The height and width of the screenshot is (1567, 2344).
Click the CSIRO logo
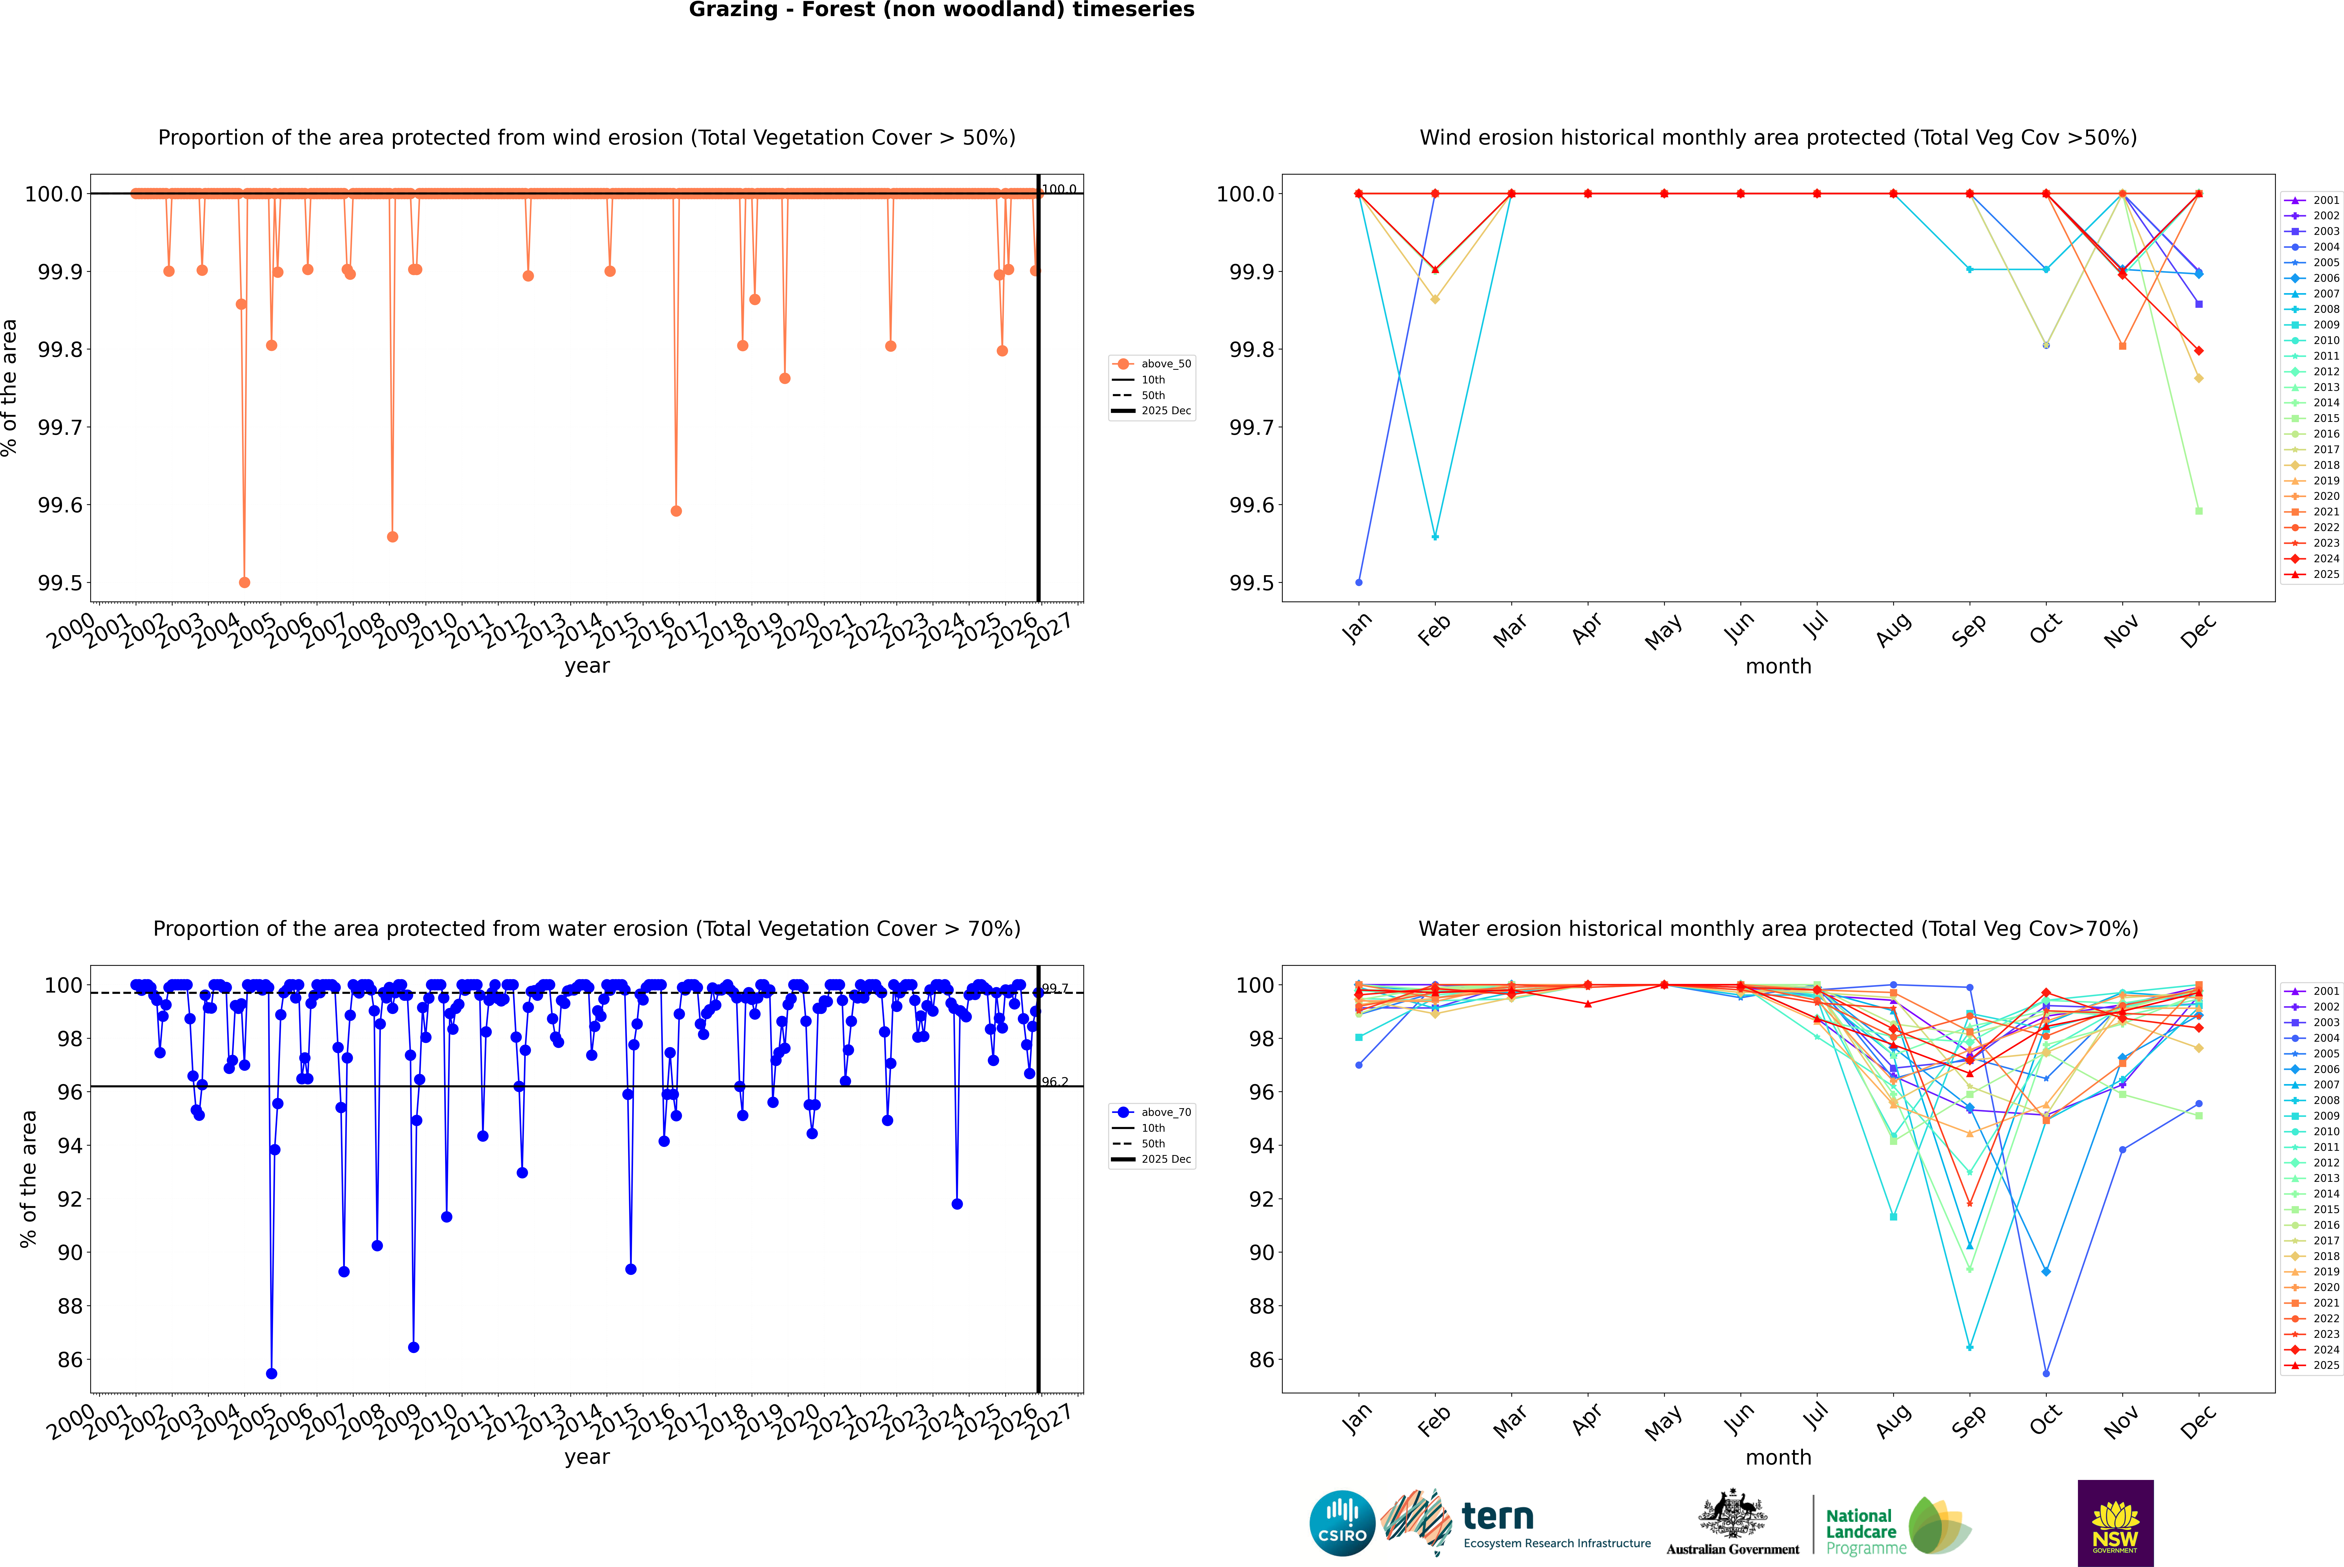click(x=1342, y=1523)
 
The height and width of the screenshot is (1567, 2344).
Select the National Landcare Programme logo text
click(x=1860, y=1531)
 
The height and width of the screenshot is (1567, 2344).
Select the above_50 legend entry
click(x=1165, y=364)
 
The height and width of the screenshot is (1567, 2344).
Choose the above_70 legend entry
click(x=1165, y=1112)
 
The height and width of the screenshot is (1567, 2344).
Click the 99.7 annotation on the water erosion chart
click(x=1055, y=988)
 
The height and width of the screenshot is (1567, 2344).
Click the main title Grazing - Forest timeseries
click(x=941, y=10)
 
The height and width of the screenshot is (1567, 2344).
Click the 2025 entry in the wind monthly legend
click(x=2325, y=575)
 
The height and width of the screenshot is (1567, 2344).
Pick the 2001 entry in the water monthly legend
click(x=2325, y=991)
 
